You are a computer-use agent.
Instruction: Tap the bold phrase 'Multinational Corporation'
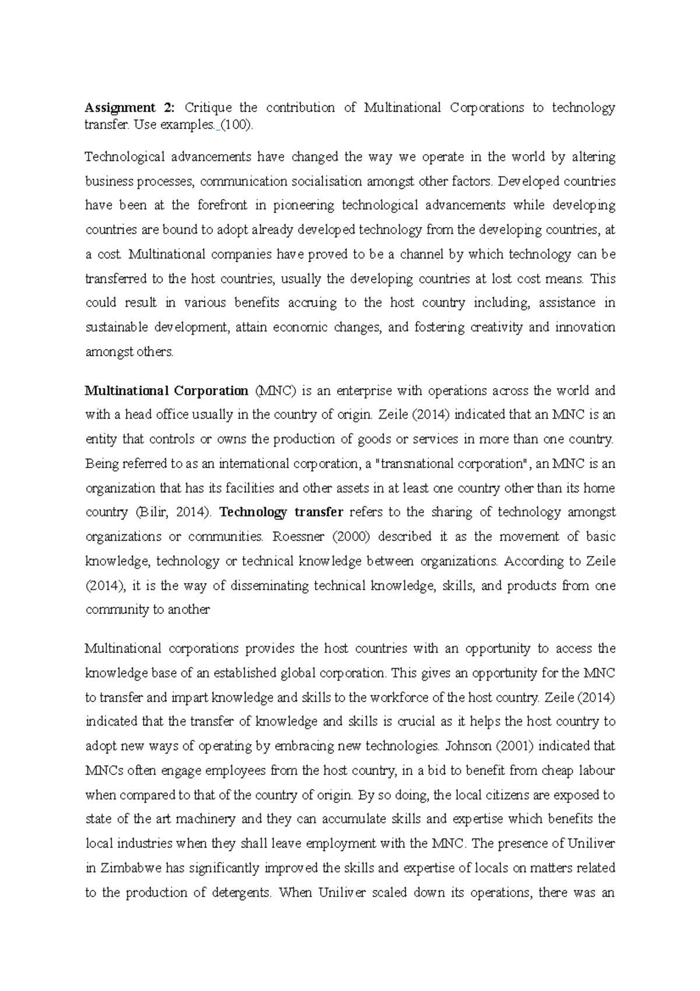coord(167,390)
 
